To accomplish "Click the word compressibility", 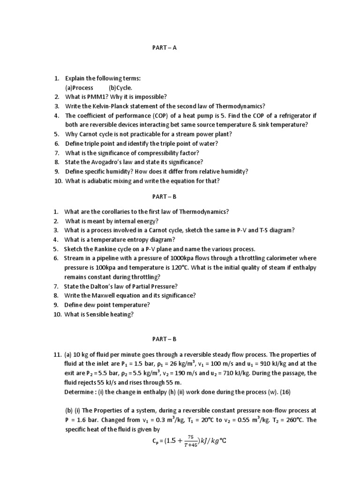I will [x=158, y=153].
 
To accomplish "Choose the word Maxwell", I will [x=98, y=296].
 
